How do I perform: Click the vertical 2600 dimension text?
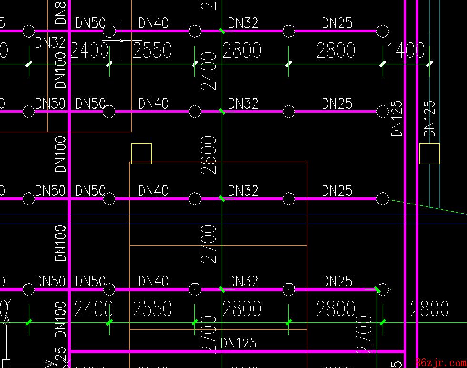209,154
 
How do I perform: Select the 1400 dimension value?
405,50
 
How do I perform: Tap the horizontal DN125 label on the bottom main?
238,343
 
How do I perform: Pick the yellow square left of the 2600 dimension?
141,153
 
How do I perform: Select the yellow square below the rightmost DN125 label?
429,153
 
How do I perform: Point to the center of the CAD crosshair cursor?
122,41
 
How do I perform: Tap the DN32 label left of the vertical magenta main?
50,43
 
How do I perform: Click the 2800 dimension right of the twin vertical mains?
430,309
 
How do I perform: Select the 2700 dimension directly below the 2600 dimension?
209,244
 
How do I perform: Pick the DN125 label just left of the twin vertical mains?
397,118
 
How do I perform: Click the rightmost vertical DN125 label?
429,118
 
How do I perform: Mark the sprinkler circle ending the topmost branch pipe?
383,31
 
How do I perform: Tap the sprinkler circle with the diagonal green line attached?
383,198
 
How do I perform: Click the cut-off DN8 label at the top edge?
61,12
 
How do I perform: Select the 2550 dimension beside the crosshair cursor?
152,50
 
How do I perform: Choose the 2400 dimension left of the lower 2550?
93,309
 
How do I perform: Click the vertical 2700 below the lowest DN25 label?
364,334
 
